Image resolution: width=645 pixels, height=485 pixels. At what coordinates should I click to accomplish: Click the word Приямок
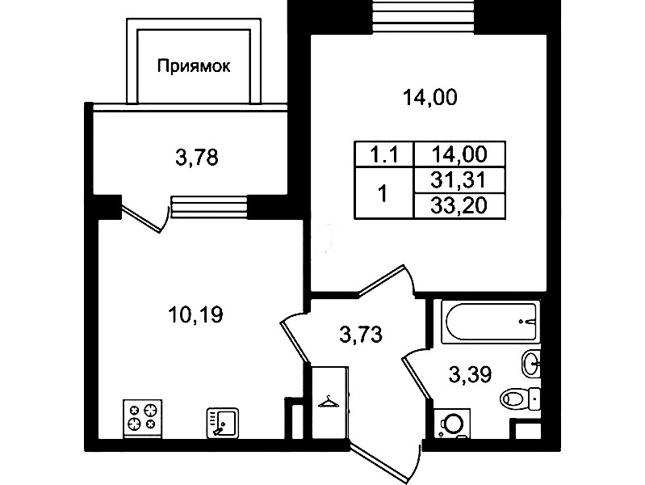(194, 66)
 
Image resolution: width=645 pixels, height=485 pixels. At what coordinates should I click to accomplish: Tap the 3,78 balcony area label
(197, 158)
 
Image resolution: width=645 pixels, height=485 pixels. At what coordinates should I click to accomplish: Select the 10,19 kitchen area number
(195, 314)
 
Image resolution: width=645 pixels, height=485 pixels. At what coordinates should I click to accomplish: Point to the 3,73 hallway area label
(361, 334)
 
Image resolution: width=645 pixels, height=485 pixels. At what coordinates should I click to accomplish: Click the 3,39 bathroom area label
(470, 375)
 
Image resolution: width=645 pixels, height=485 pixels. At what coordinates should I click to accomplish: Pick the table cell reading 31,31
(459, 180)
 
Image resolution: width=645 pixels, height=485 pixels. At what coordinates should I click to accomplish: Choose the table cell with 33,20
(459, 205)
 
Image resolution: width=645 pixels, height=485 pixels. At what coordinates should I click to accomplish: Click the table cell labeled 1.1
(383, 155)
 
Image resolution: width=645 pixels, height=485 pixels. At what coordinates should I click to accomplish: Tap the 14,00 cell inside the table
(459, 154)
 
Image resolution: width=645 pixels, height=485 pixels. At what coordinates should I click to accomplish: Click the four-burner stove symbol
(143, 418)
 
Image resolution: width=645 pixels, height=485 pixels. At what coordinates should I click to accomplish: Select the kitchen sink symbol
(223, 423)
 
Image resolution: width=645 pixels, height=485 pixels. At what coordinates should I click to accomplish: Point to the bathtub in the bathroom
(489, 322)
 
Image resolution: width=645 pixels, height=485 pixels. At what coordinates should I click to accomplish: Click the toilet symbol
(520, 398)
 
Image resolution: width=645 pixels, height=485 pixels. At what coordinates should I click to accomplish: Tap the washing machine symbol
(453, 424)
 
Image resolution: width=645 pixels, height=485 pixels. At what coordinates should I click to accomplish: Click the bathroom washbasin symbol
(531, 363)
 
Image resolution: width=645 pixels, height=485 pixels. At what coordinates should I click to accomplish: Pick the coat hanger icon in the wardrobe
(329, 402)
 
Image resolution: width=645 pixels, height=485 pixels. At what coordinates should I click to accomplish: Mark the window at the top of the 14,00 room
(425, 16)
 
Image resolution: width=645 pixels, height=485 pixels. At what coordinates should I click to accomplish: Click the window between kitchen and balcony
(209, 206)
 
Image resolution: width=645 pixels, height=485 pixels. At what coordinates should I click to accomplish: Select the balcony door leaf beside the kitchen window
(144, 218)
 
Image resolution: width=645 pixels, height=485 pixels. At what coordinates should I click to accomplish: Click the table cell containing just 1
(383, 193)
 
